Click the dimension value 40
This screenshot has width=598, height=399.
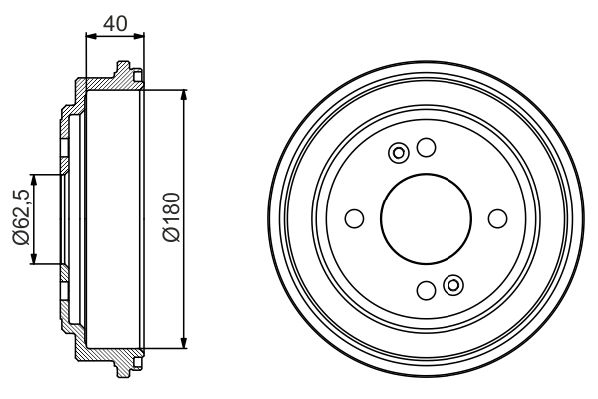click(x=115, y=22)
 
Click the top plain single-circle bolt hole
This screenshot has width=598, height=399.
click(x=427, y=148)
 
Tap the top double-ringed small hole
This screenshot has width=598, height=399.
click(x=400, y=153)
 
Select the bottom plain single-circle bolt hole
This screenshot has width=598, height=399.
click(x=426, y=291)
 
